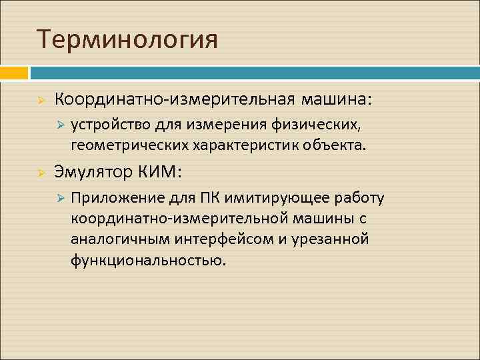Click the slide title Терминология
pyautogui.click(x=127, y=39)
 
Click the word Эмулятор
pyautogui.click(x=93, y=172)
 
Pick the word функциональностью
pyautogui.click(x=148, y=259)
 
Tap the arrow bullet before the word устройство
pyautogui.click(x=59, y=125)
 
